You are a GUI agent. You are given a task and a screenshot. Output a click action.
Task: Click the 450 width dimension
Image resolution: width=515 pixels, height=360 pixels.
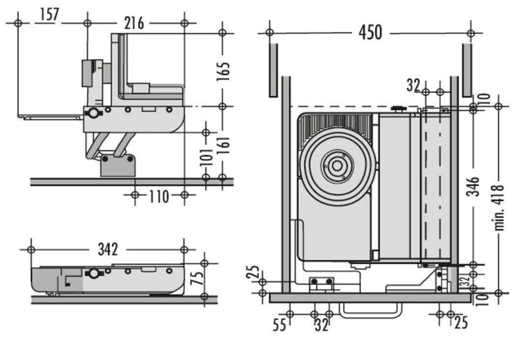point(370,32)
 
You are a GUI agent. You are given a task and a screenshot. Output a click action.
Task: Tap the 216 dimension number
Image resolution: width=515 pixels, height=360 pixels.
point(134,23)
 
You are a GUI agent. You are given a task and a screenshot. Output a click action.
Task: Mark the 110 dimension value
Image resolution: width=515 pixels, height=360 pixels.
point(159,196)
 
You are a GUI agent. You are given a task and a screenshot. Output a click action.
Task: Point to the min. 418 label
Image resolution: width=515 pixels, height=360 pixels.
point(499,206)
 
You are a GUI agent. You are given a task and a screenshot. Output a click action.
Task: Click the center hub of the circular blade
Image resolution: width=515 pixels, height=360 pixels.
point(337,166)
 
